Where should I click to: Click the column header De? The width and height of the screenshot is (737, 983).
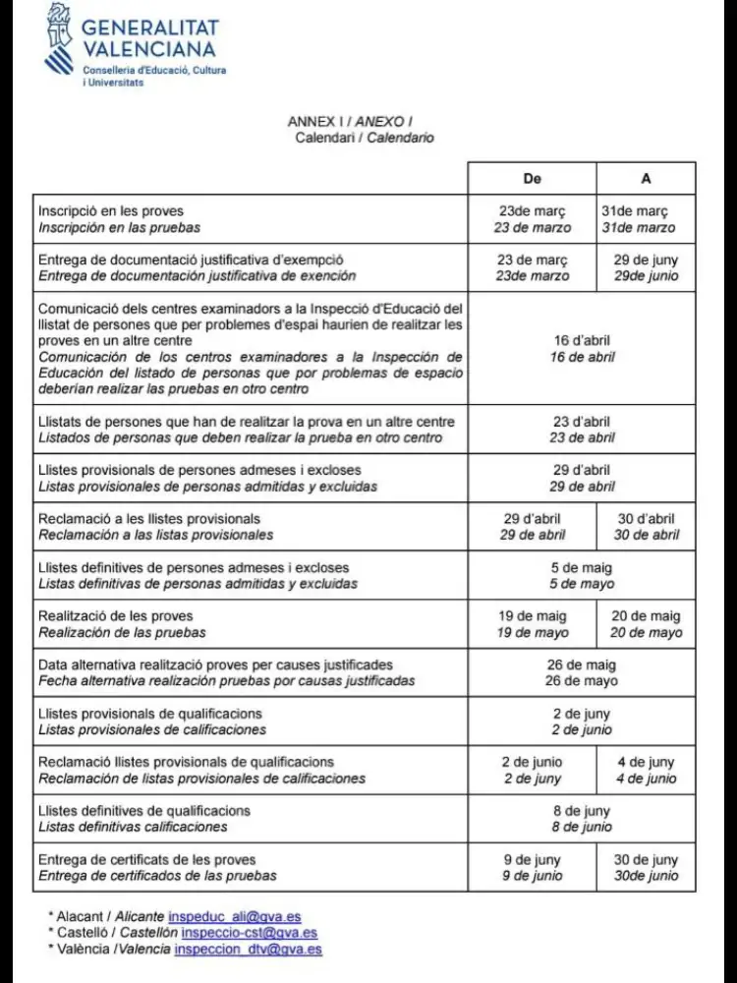coord(532,179)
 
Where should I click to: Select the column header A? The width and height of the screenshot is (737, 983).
coord(646,179)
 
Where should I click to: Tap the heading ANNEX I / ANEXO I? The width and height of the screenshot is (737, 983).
coord(364,121)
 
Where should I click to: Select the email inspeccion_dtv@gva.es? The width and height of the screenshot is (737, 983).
coord(248,949)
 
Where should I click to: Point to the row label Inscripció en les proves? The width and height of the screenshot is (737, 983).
coord(110,211)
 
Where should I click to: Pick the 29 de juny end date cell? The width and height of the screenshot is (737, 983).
coord(646,267)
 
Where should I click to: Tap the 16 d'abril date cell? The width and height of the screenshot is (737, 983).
coord(582,349)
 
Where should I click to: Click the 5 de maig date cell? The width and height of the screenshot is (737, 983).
coord(582,575)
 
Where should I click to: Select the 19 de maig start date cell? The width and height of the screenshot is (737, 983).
coord(533,624)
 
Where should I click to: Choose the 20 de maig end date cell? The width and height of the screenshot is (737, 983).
coord(646,624)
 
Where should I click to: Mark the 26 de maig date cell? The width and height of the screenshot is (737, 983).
coord(582,672)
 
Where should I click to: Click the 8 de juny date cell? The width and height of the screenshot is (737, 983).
coord(582,819)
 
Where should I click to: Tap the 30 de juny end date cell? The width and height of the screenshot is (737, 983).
coord(646,867)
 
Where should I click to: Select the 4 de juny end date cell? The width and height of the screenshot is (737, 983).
coord(646,770)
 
